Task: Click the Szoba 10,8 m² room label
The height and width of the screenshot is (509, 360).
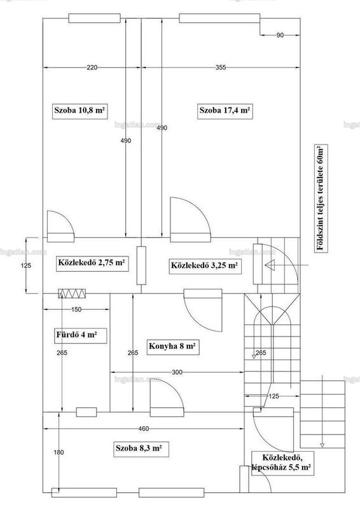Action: [80, 110]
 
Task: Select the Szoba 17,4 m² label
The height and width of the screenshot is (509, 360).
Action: [225, 110]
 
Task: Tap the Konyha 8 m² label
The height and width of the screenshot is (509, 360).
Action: [172, 346]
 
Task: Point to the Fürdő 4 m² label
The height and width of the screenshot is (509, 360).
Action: [76, 335]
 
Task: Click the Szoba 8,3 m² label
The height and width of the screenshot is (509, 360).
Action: [139, 449]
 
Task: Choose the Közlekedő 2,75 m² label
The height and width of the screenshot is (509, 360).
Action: [92, 263]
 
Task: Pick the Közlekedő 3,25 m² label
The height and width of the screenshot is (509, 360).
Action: [205, 265]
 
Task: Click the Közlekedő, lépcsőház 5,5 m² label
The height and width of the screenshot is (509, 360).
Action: [282, 463]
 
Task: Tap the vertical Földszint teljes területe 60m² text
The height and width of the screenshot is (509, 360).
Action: [321, 198]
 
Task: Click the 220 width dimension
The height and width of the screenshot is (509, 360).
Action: [92, 67]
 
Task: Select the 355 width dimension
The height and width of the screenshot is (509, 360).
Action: [221, 67]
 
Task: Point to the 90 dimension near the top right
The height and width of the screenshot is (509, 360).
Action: [280, 36]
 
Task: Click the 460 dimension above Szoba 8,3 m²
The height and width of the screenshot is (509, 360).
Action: [144, 429]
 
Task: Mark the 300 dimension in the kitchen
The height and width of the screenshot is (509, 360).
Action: [177, 372]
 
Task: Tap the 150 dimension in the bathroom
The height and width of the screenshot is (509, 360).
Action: [76, 310]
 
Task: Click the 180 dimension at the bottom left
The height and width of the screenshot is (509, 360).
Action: [59, 452]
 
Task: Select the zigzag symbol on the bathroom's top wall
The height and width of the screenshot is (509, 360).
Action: [72, 293]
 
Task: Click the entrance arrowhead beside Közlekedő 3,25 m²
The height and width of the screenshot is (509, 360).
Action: [270, 265]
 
